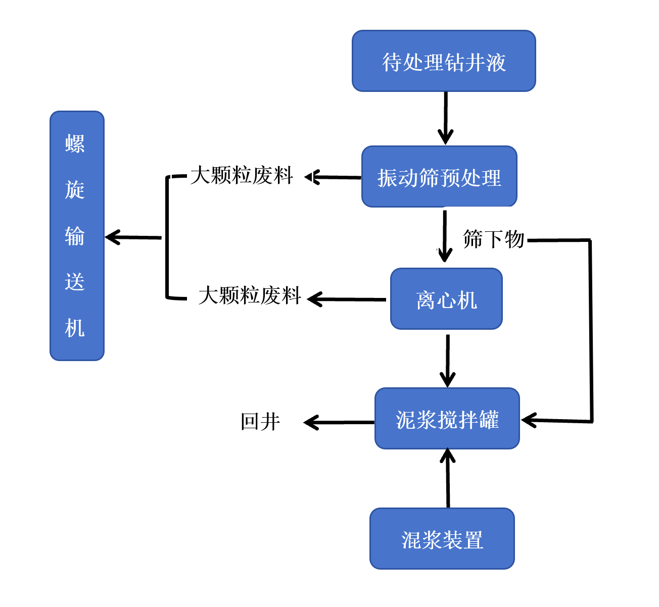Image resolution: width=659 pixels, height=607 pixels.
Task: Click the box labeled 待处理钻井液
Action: click(x=443, y=61)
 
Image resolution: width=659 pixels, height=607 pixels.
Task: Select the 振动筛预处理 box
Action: click(x=439, y=177)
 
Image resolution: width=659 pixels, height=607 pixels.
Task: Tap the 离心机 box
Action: click(x=446, y=299)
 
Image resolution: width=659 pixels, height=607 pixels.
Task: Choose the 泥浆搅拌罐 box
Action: click(x=447, y=419)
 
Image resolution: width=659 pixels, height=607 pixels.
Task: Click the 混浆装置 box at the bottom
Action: click(x=442, y=539)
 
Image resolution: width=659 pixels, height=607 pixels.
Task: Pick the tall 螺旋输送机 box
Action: click(x=77, y=236)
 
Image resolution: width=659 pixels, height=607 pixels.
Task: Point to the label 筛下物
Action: click(x=493, y=239)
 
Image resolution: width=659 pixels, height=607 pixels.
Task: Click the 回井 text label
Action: click(x=260, y=422)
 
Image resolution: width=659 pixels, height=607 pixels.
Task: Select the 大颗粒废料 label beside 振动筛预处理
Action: click(x=242, y=176)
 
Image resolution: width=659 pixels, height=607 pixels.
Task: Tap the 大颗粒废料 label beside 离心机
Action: click(x=250, y=295)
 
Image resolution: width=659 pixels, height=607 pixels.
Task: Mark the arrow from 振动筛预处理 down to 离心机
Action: click(x=444, y=236)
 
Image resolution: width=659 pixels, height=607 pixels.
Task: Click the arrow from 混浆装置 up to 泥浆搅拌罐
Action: click(x=448, y=478)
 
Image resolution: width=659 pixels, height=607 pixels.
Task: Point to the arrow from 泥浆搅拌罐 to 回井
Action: click(x=339, y=422)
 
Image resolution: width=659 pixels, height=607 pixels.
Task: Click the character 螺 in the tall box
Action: click(x=75, y=144)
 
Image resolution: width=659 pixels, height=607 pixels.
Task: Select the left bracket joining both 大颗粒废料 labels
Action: click(x=167, y=237)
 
